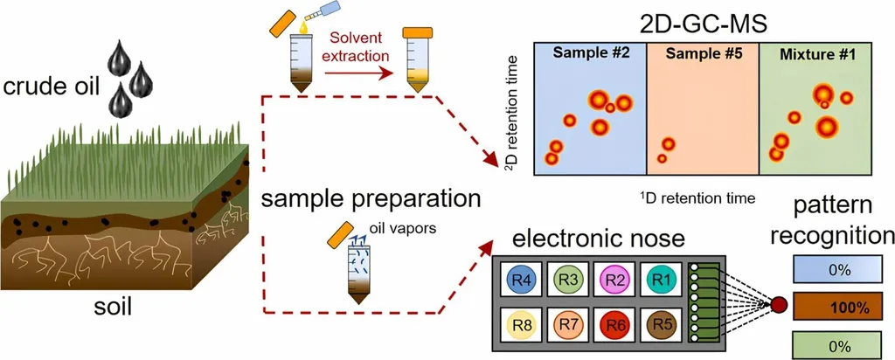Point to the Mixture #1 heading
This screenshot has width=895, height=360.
818,52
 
